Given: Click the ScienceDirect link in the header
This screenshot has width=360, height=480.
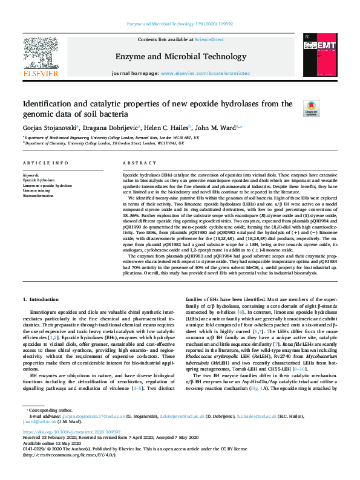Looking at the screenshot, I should coord(207,39).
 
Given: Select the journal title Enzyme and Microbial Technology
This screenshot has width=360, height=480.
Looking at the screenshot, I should coord(179,56).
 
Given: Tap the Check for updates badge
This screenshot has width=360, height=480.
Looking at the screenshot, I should coord(311,109).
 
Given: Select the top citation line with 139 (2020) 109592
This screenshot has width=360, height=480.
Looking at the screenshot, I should coord(179,24).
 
